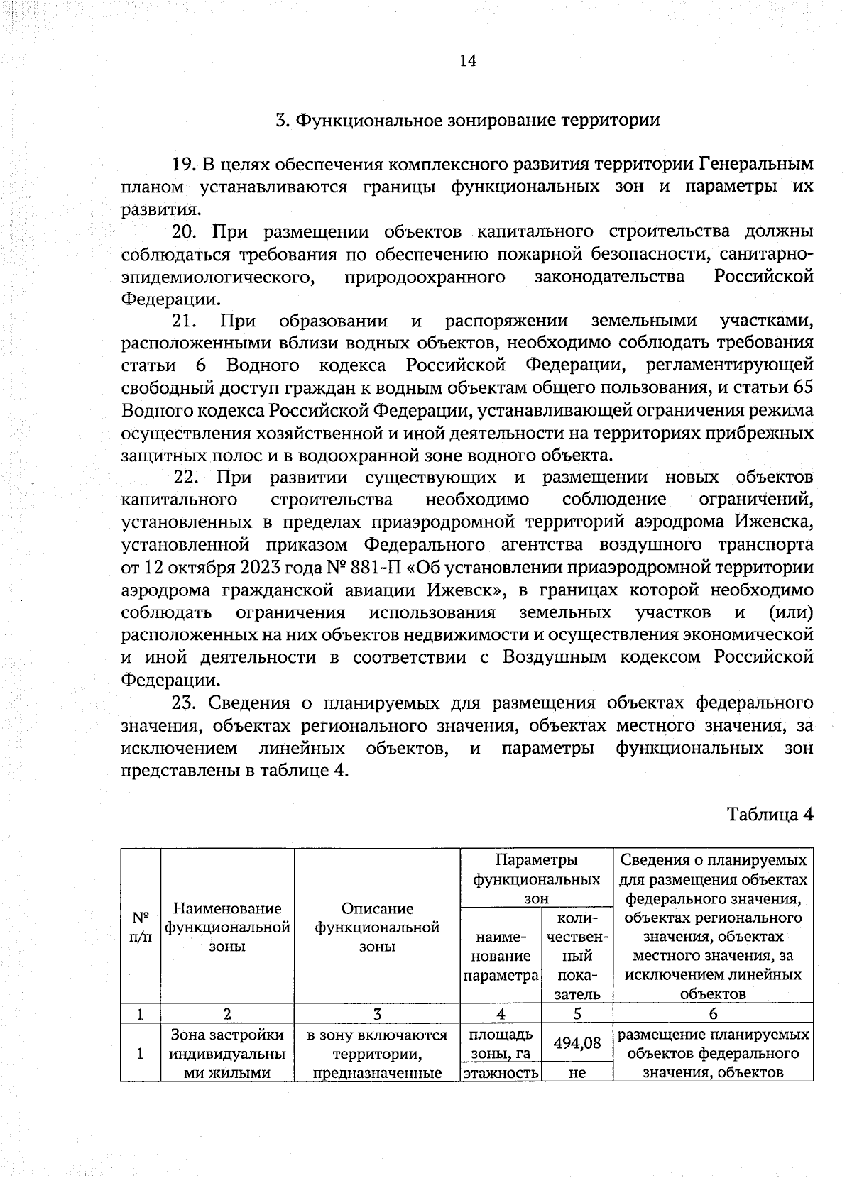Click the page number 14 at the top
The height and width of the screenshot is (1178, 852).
pyautogui.click(x=467, y=60)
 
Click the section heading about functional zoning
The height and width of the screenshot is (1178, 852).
pyautogui.click(x=467, y=119)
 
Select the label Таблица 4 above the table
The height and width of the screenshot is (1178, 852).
pyautogui.click(x=769, y=813)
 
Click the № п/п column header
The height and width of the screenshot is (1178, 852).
pyautogui.click(x=141, y=926)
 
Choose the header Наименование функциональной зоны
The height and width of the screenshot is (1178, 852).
pyautogui.click(x=227, y=927)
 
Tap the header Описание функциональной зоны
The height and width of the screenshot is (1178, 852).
pyautogui.click(x=377, y=927)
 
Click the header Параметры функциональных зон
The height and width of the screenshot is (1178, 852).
pyautogui.click(x=536, y=879)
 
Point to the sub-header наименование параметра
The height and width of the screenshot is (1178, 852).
pyautogui.click(x=501, y=956)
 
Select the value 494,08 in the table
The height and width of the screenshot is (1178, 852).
pyautogui.click(x=577, y=1043)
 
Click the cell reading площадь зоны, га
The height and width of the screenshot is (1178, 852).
pyautogui.click(x=501, y=1043)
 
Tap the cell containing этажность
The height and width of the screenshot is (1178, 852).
pyautogui.click(x=501, y=1073)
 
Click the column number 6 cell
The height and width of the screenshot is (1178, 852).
pyautogui.click(x=713, y=1014)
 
